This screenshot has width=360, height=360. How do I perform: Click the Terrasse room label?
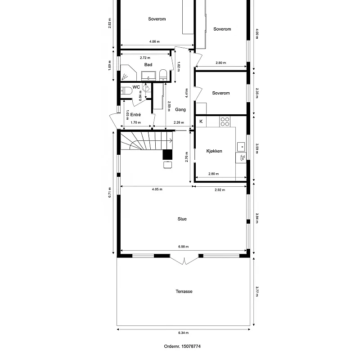point(184,291)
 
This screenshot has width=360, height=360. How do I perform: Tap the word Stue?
point(182,219)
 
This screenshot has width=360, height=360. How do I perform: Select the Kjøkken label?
point(214,151)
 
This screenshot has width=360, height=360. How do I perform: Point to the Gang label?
point(180,109)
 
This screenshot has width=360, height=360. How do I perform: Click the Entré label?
point(135,115)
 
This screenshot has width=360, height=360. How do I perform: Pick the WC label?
point(136,87)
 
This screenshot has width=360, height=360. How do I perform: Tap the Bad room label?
point(148,65)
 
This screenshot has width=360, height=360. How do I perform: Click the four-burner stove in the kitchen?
point(225,121)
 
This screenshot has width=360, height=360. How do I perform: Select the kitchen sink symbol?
point(241,147)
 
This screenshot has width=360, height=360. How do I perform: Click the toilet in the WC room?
point(126,91)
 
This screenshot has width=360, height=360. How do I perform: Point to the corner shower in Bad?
point(128,73)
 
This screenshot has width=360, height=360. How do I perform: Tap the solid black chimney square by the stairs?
point(167,154)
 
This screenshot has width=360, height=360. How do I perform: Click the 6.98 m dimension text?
point(184,247)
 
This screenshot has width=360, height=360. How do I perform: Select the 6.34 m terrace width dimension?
point(184,333)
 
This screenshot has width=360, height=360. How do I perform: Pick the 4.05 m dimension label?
point(157,189)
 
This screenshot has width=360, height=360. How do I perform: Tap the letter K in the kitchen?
point(201,121)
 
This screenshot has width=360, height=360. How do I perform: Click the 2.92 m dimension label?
point(220,190)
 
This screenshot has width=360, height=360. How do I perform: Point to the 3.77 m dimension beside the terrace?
point(257,291)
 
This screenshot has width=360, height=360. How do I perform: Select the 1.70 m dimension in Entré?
point(136,122)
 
